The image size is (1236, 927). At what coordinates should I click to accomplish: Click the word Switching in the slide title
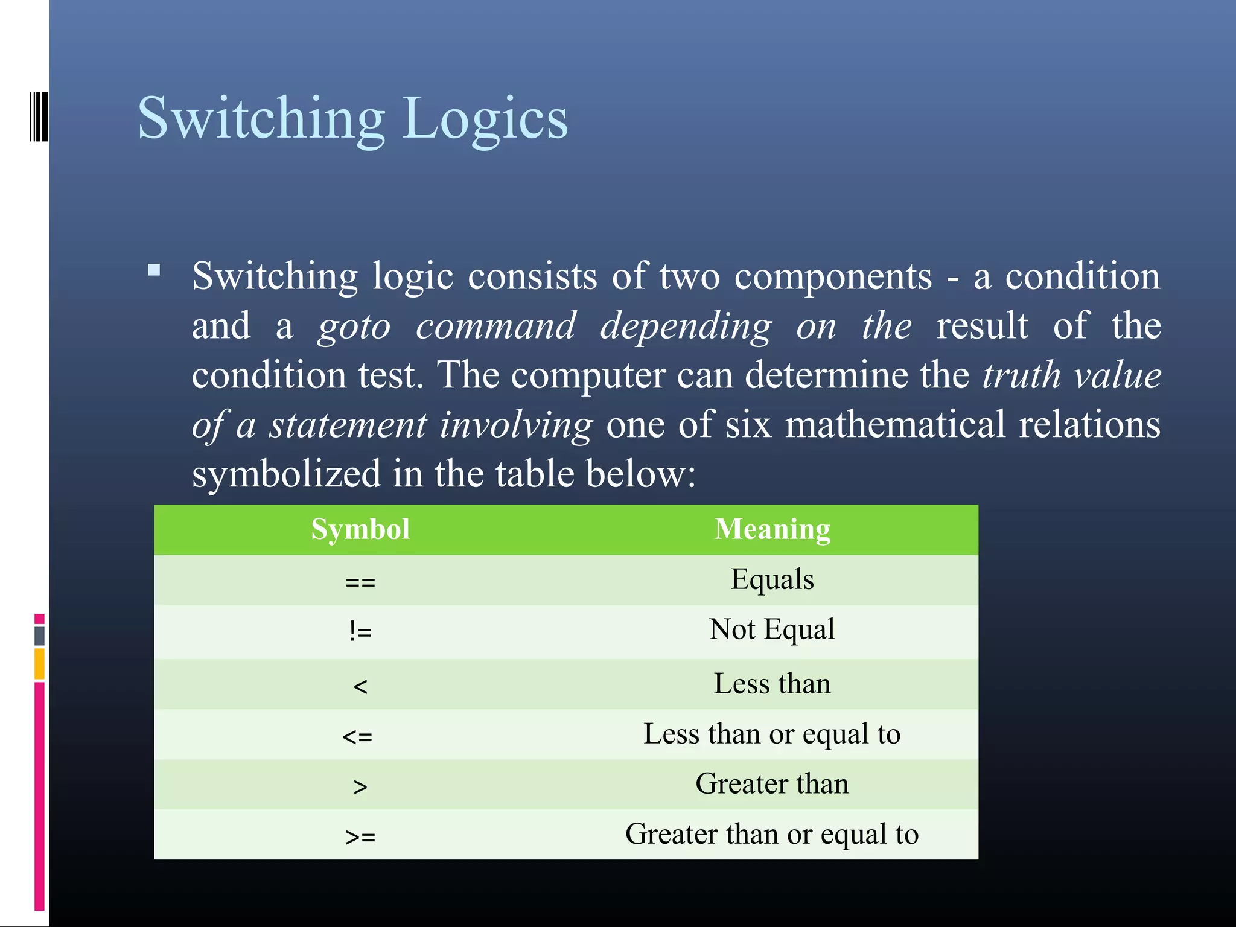[x=261, y=118]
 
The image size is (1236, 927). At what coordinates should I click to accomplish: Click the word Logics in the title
[x=485, y=118]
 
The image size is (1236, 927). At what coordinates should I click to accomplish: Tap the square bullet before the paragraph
[x=154, y=270]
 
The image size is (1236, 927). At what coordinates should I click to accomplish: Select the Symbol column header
[x=360, y=529]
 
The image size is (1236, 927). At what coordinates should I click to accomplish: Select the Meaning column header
[x=772, y=529]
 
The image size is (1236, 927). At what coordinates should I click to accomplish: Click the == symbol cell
[x=360, y=582]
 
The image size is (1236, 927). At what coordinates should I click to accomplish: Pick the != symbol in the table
[x=360, y=632]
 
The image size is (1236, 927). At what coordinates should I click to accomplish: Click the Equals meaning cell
[x=772, y=579]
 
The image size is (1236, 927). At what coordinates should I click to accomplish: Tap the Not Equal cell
[x=772, y=629]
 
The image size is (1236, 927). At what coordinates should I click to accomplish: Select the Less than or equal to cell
[x=772, y=734]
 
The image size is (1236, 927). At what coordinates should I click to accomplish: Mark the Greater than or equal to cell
[x=772, y=835]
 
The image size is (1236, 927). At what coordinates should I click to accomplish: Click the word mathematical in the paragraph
[x=895, y=424]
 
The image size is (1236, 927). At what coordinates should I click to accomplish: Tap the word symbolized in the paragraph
[x=286, y=474]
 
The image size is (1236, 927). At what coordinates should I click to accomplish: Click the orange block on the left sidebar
[x=39, y=663]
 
